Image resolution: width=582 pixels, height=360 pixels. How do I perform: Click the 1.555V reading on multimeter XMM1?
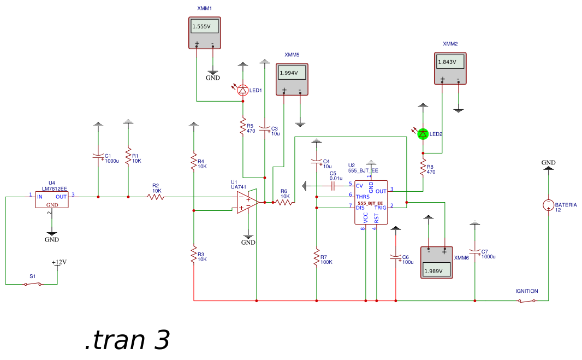[x=205, y=26]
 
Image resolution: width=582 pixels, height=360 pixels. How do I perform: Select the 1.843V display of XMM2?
[x=450, y=62]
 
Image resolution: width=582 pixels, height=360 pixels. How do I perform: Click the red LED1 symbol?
[x=244, y=90]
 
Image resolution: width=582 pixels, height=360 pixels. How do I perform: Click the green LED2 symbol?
[x=423, y=134]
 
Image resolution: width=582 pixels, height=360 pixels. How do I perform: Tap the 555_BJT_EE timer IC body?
[x=371, y=202]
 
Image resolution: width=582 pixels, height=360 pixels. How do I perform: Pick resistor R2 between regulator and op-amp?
[x=156, y=197]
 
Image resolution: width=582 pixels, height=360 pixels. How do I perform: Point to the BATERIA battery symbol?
[x=548, y=205]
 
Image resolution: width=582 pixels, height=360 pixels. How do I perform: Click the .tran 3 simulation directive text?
[x=128, y=339]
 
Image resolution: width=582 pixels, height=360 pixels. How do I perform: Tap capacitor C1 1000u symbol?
[x=98, y=157]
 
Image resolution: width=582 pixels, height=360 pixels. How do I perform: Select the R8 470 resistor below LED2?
[x=423, y=167]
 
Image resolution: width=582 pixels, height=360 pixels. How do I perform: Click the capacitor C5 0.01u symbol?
[x=332, y=186]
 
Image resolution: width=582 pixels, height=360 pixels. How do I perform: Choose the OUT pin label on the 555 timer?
[x=381, y=191]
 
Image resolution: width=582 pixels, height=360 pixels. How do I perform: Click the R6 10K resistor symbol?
[x=283, y=202]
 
